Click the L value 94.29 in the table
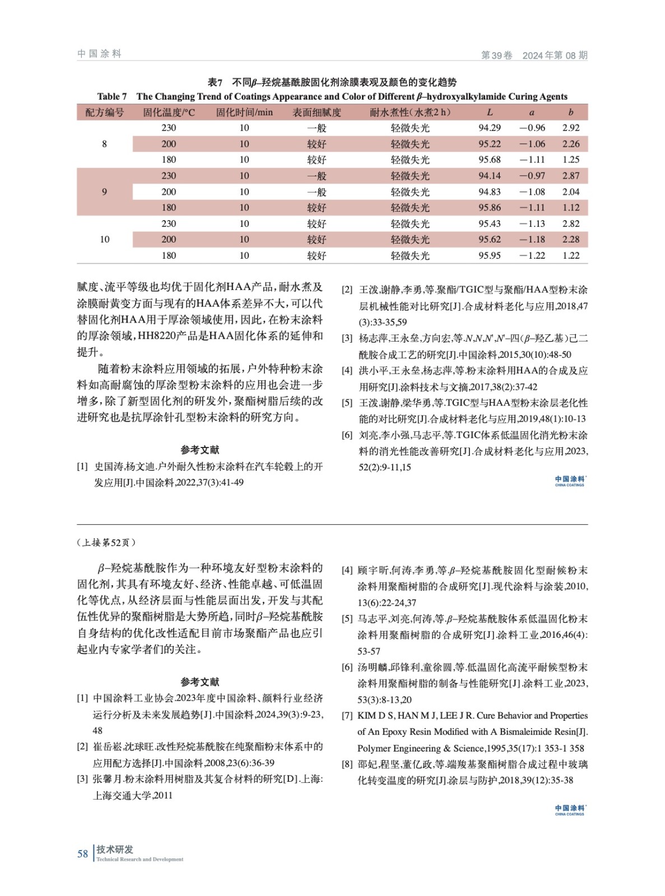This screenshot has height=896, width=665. tap(489, 128)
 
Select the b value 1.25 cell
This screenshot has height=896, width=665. tap(570, 160)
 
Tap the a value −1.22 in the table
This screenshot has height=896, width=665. tap(531, 255)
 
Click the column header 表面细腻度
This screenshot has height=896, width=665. tap(317, 112)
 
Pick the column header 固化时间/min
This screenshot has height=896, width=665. tap(244, 112)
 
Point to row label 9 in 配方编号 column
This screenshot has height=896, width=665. tap(104, 192)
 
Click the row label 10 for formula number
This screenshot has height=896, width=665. tap(104, 239)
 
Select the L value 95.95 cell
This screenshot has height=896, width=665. tap(489, 255)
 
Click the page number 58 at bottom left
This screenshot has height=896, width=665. tap(83, 853)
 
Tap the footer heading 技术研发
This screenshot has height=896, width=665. tap(115, 849)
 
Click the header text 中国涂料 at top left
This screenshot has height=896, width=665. tap(99, 54)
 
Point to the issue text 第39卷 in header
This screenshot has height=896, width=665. tap(497, 55)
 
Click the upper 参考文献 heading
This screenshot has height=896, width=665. tap(200, 450)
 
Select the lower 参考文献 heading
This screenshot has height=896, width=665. tap(200, 682)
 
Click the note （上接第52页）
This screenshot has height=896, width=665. tap(106, 542)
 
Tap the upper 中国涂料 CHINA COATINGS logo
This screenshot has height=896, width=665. tap(570, 480)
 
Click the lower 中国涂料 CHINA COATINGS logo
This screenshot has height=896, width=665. tap(570, 810)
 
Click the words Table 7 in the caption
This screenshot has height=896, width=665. tap(112, 96)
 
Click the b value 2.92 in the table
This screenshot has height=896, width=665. tap(570, 128)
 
